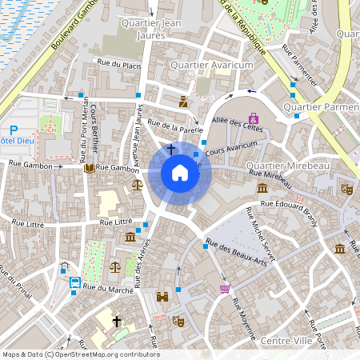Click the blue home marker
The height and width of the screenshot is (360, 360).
pos(179,173)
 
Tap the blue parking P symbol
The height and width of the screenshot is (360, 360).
pos(13,130)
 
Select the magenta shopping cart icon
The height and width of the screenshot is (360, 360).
pos(225,288)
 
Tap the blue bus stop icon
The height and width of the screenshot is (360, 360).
pos(74,282)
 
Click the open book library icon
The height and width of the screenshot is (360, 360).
pos(88,168)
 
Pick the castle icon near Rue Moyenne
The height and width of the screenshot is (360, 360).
pos(162,297)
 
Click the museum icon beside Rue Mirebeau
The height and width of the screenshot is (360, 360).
pos(262,188)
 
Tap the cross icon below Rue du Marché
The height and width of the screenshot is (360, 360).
pos(117,322)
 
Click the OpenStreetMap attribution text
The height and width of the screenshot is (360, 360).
pos(80,354)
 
